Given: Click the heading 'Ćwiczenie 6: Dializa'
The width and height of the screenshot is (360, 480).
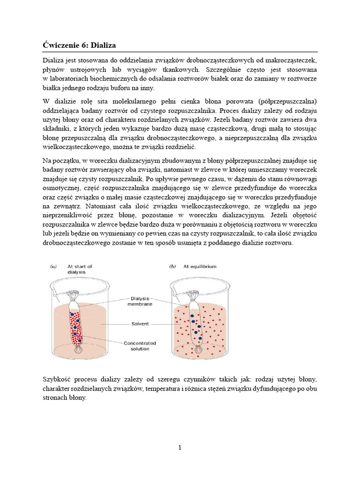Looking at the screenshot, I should (79, 45).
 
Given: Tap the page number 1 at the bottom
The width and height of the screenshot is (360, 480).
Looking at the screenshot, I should (180, 448).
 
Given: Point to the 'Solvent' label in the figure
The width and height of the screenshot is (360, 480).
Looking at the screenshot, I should (140, 323).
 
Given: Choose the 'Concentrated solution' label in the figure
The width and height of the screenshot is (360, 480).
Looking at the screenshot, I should (140, 346).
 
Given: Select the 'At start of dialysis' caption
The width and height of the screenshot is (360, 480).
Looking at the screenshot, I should (80, 269).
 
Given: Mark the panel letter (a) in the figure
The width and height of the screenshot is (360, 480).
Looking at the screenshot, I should (53, 266).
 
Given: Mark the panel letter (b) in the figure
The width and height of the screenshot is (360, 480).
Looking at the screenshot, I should (172, 266).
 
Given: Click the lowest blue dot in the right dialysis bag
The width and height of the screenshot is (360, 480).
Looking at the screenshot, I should (200, 337).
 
